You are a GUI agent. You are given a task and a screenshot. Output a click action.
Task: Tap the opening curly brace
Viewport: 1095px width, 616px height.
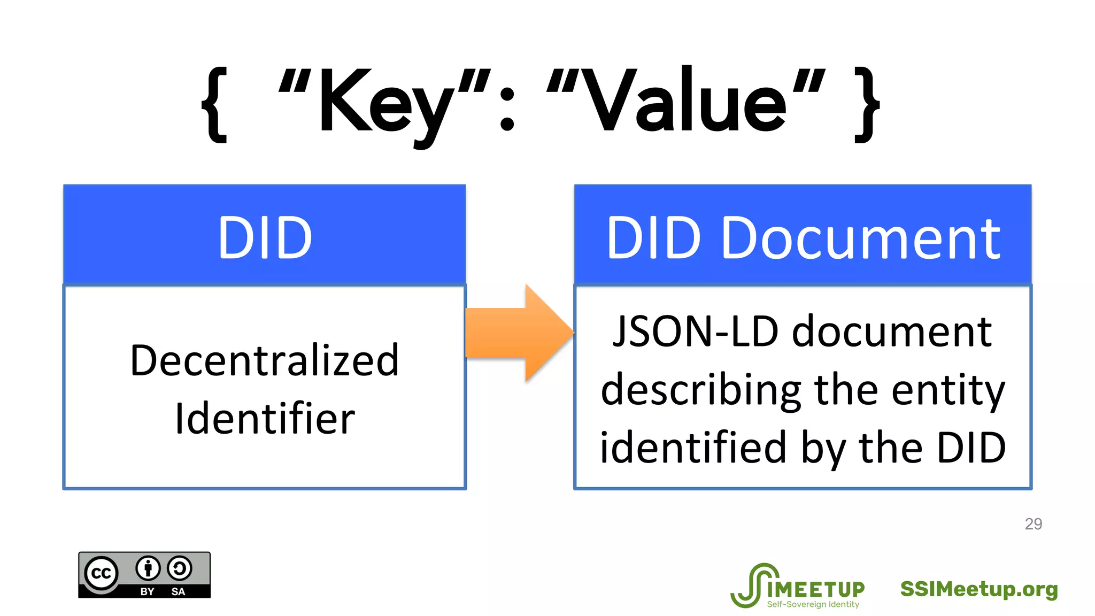pos(215,105)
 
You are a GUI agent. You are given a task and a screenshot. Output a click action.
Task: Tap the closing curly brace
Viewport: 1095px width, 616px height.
pos(866,105)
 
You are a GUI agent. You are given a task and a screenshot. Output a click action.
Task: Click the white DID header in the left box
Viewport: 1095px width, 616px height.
pos(265,237)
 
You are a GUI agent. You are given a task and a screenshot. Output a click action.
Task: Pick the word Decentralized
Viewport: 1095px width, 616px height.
pos(265,360)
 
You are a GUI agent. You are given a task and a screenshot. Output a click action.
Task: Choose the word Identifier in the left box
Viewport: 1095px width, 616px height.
pos(265,418)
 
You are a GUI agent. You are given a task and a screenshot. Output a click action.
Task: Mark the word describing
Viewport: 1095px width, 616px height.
pos(700,390)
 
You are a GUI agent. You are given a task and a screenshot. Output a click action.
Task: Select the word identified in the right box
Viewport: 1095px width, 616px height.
pos(693,448)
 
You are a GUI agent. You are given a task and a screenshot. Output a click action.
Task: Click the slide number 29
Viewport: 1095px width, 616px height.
pos(1033,524)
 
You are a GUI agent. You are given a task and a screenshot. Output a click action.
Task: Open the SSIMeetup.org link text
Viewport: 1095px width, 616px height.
pos(978,589)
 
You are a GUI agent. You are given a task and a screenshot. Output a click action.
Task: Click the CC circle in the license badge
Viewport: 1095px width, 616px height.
pos(102,574)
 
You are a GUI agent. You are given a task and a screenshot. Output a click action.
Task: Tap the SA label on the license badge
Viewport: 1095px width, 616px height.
pos(178,591)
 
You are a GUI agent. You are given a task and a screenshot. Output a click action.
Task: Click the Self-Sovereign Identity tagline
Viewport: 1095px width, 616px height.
pos(813,604)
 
